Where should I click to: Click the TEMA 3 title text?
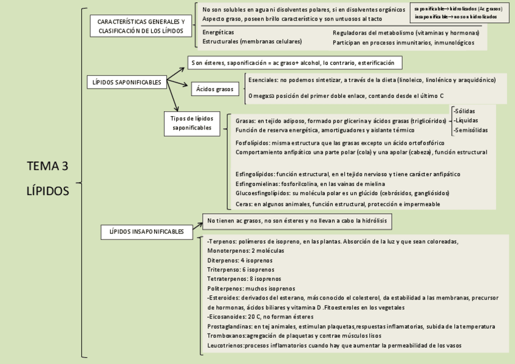pos(48,166)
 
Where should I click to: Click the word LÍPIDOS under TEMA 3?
pos(48,190)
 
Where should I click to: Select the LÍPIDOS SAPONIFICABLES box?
pos(126,81)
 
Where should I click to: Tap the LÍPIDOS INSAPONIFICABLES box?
pos(146,232)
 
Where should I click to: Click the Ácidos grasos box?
pos(215,89)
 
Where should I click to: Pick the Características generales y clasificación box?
pos(141,26)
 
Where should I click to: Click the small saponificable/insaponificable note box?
pos(460,13)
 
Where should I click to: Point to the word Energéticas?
pos(218,32)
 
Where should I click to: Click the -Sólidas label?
pos(464,111)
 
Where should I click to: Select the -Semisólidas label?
pos(470,129)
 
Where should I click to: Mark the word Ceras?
pos(244,204)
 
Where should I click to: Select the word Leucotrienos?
pos(225,345)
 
